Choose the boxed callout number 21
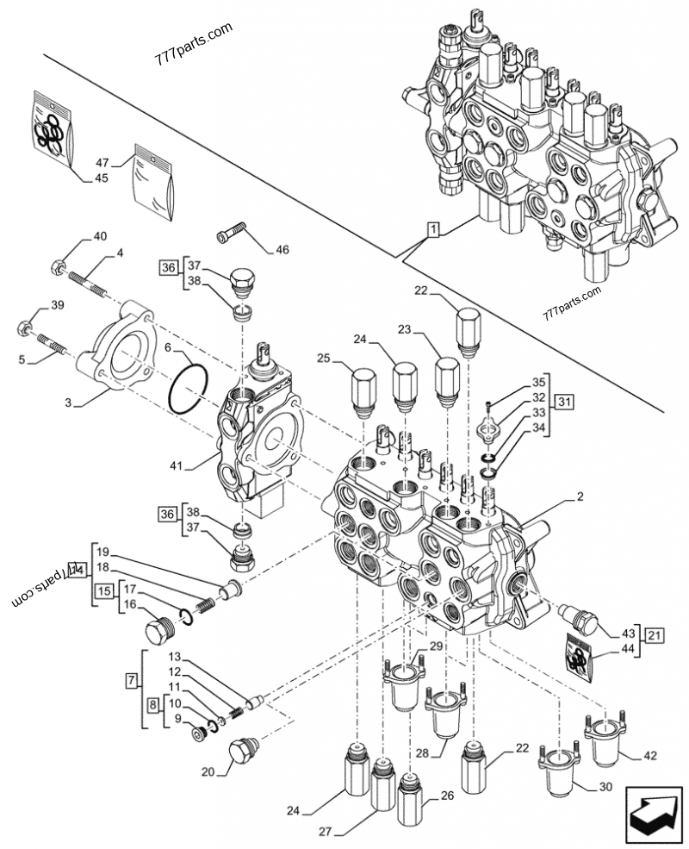(x=655, y=636)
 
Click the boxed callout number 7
(x=130, y=681)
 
